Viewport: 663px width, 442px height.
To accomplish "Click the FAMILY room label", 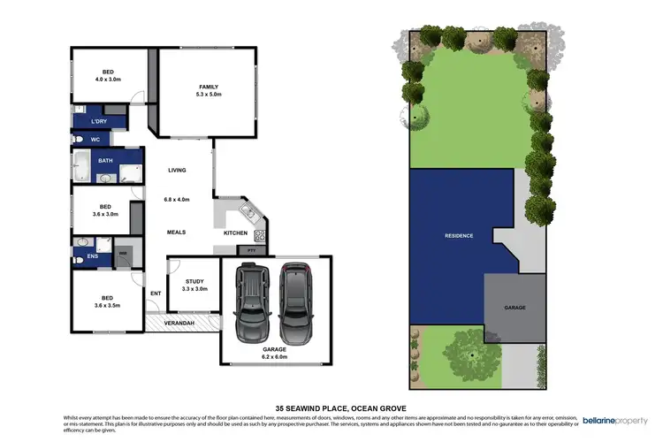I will [209, 89].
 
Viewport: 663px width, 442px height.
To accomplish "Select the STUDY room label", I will [194, 285].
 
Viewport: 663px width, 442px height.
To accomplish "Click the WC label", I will [94, 140].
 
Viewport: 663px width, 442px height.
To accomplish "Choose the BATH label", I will [105, 161].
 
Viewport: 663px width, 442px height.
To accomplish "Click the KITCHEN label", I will [235, 232].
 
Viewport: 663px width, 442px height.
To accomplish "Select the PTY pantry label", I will [251, 251].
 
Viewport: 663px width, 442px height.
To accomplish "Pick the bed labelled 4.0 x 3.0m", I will [107, 74].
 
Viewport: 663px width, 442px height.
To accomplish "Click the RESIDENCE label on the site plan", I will [459, 235].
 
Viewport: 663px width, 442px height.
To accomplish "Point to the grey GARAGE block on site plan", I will [515, 307].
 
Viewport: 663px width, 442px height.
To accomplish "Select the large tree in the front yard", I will [472, 354].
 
